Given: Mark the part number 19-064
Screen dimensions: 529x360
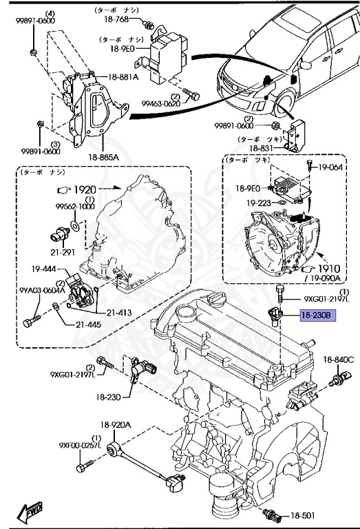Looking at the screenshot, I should (x=330, y=167).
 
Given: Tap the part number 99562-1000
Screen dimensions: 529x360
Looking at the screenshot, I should (x=75, y=206).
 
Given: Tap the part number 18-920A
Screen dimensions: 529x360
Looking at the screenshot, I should (x=118, y=426).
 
